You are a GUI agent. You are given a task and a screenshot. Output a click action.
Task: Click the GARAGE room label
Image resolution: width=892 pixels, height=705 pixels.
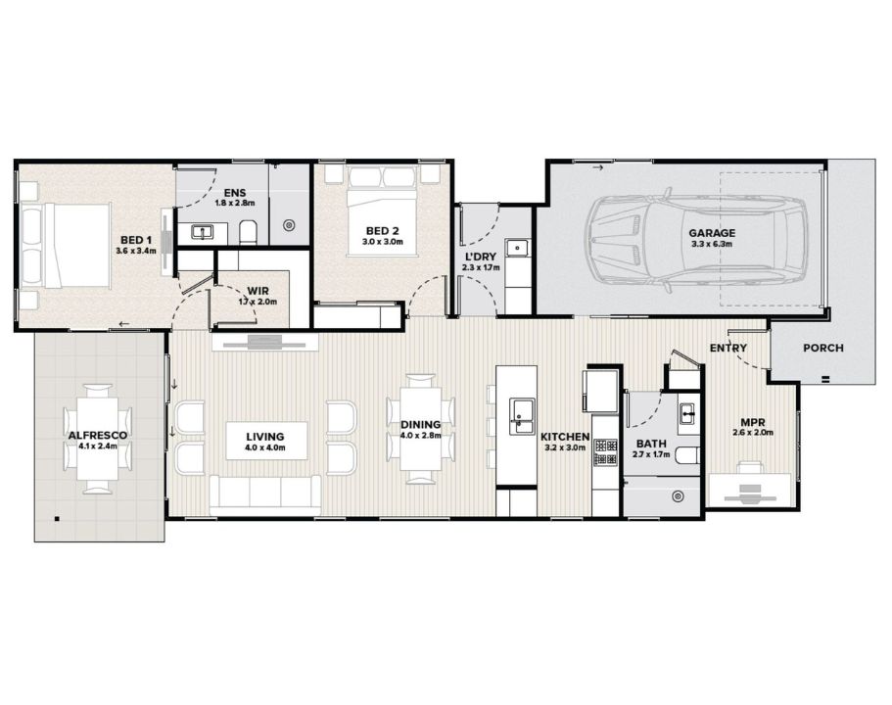coord(712,233)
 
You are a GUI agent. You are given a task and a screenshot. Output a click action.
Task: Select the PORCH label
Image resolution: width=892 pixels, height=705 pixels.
coord(823,348)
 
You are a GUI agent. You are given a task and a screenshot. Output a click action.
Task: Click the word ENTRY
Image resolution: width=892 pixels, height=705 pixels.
coord(728,348)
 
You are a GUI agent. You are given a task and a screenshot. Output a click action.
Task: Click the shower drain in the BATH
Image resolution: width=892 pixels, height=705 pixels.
coord(678,496)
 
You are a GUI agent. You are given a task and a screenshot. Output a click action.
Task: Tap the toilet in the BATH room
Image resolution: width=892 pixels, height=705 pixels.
coord(687,455)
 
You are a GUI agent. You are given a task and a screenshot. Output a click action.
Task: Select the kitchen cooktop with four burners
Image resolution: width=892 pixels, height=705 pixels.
coord(606,451)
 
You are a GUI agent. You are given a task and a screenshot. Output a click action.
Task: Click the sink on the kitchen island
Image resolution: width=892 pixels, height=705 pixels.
coord(522,416)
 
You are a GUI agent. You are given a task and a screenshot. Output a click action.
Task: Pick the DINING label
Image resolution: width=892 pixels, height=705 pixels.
coord(420,425)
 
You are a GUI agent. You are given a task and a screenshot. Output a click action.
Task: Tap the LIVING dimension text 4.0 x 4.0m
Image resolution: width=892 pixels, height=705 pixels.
coord(265,447)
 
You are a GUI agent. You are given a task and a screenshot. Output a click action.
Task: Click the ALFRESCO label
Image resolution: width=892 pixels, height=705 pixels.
coord(97,436)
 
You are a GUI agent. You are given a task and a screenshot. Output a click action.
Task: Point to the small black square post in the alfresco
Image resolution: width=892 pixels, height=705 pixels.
coord(57,518)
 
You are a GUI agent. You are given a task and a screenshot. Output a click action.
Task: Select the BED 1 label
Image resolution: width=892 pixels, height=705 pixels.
coord(136,241)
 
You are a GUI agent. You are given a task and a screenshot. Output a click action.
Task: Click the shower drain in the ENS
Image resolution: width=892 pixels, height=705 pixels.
coord(290,225)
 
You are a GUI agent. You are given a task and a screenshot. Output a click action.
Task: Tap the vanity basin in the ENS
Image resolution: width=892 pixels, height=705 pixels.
coord(202,232)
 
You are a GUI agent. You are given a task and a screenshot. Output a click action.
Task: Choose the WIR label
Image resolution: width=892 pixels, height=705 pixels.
coord(258,292)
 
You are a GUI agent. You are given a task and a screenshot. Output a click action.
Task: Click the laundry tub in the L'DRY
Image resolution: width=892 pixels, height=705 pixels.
coord(518,248)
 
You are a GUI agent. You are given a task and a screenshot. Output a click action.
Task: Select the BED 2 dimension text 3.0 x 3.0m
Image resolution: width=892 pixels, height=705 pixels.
coord(382,241)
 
